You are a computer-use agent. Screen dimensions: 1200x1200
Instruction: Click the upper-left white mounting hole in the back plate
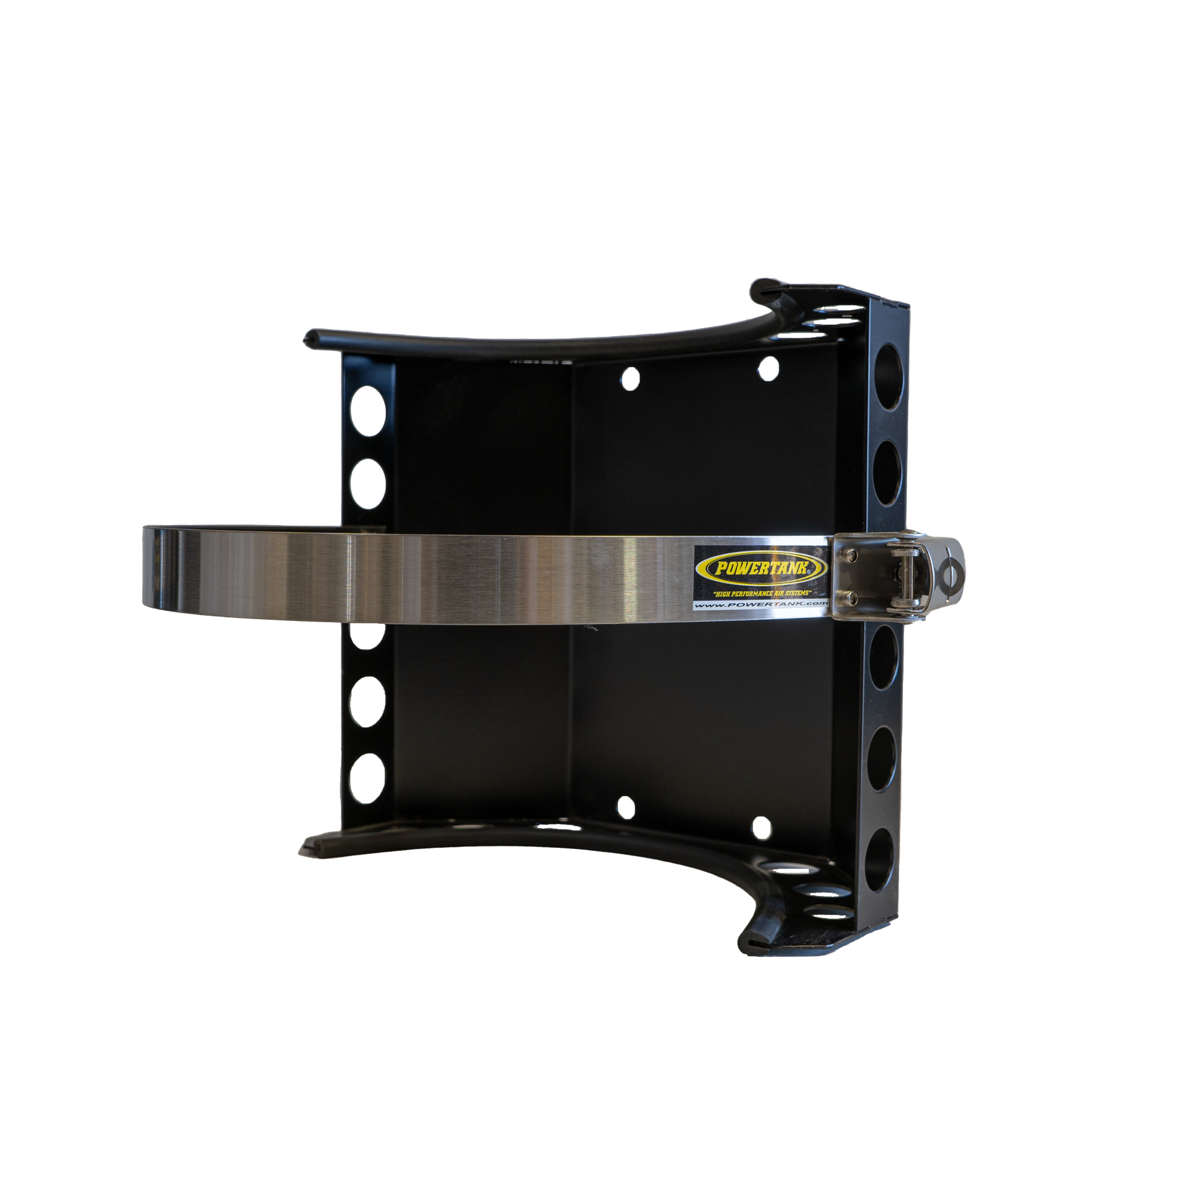click(630, 378)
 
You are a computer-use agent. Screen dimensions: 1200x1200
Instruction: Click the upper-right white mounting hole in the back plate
click(769, 368)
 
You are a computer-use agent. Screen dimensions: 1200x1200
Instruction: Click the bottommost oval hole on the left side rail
click(367, 778)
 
